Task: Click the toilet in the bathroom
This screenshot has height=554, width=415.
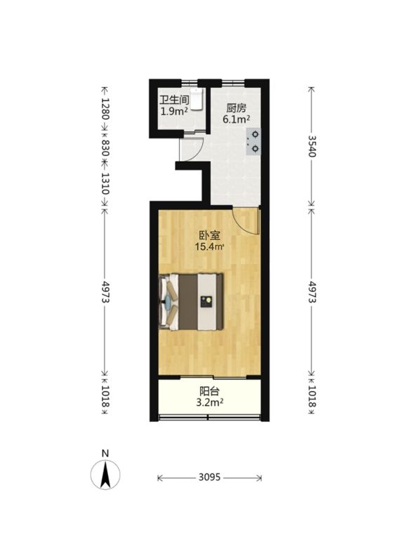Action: [x=197, y=99]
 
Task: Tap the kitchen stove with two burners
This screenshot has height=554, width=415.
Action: [x=254, y=141]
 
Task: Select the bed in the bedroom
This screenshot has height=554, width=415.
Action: [x=191, y=301]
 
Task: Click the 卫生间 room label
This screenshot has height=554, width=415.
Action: [x=174, y=100]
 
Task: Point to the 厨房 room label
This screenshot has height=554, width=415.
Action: [x=236, y=107]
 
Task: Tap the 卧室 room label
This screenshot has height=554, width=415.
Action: [x=209, y=235]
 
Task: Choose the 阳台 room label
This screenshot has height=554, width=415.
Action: [x=209, y=391]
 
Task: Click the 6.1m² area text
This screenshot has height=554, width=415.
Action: [x=236, y=119]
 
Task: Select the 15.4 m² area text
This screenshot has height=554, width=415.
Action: [x=209, y=246]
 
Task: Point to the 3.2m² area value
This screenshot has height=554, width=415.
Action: [x=210, y=402]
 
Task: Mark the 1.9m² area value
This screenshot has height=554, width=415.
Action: [x=174, y=112]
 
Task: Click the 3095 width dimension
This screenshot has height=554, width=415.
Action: [x=209, y=477]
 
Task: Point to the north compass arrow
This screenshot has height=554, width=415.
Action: [x=105, y=475]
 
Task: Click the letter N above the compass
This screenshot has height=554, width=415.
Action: [x=105, y=454]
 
